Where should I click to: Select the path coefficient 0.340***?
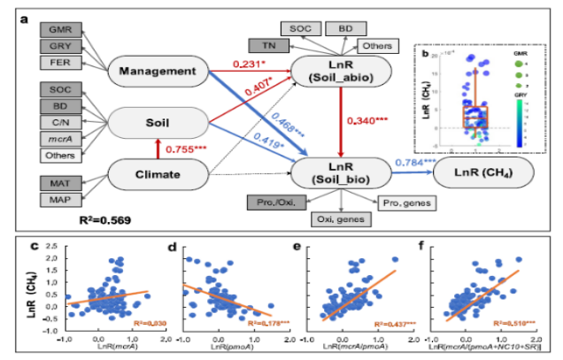click(x=369, y=121)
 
